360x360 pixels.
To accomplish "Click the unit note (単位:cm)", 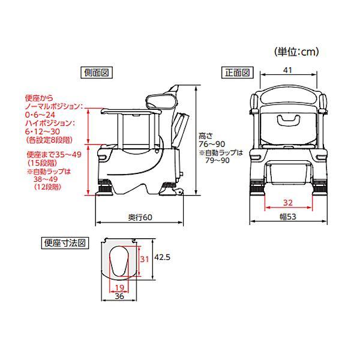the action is (x=296, y=52).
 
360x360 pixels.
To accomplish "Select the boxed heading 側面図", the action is (x=97, y=73).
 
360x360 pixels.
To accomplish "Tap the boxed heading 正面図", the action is (x=238, y=73).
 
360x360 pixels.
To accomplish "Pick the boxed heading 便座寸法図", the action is (x=65, y=243).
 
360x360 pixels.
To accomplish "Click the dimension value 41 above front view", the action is (x=287, y=70).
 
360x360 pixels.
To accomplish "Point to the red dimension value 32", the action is (x=288, y=203).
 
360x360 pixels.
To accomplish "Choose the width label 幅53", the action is (x=288, y=217).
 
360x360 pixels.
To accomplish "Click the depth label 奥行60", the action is (x=140, y=217).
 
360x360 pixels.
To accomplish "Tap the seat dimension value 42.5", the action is (x=162, y=257).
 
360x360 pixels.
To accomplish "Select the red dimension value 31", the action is (x=145, y=259).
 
